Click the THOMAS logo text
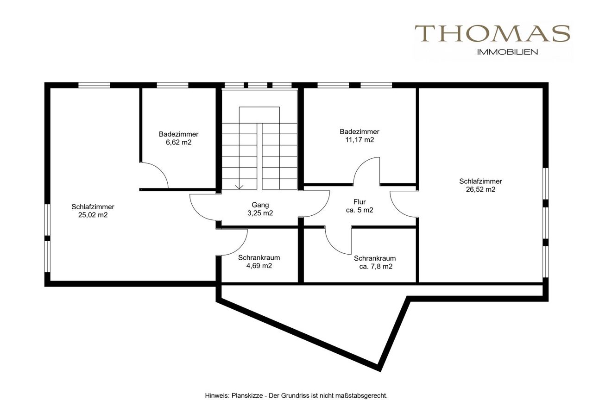(492, 33)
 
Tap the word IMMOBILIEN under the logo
(507, 52)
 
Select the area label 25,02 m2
(93, 215)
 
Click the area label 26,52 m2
(480, 189)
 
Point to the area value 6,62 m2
(179, 142)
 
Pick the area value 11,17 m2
(360, 140)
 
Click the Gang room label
(260, 205)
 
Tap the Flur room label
(360, 202)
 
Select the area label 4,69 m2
(259, 266)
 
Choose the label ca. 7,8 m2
(376, 266)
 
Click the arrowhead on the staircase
(239, 187)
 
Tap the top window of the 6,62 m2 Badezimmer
(172, 85)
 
